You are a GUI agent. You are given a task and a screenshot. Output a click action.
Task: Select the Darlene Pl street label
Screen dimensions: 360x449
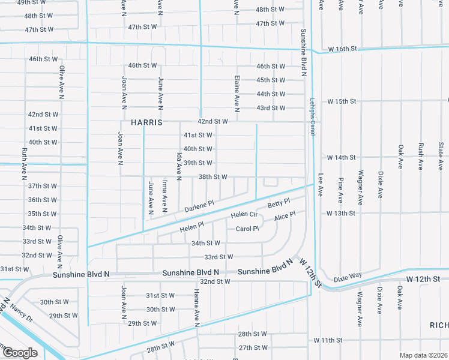199,206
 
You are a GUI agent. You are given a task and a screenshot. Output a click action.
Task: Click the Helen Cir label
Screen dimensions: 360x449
244,214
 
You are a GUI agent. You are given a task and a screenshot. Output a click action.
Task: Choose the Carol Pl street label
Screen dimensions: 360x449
247,229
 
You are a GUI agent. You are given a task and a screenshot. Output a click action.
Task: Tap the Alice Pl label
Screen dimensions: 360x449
285,217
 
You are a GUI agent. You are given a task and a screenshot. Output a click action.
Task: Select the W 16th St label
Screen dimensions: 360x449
342,49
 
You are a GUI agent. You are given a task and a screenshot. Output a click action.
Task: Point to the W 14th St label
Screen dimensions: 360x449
342,157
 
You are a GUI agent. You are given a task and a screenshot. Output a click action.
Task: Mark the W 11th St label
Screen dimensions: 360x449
327,340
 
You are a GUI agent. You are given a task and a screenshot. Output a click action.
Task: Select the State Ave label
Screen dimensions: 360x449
441,155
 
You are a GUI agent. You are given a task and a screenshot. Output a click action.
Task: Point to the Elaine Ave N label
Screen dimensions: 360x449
238,94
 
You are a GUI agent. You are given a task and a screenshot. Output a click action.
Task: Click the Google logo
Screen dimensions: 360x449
20,352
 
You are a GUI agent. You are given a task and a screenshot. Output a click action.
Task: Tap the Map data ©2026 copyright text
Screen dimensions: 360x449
423,355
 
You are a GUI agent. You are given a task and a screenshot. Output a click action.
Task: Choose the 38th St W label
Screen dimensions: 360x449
212,177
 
